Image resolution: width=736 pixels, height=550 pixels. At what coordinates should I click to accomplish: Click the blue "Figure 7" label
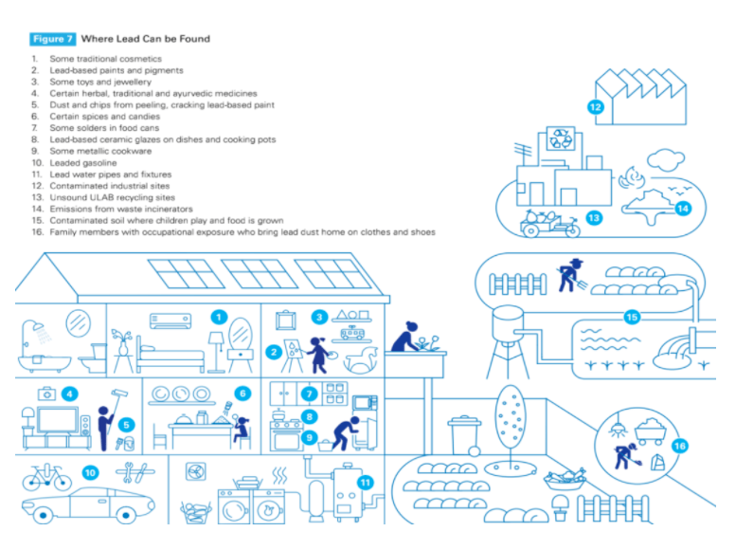coord(53,39)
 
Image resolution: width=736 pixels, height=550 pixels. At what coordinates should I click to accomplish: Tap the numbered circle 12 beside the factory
coord(595,107)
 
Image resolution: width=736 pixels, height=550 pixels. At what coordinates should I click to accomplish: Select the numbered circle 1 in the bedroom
coord(219,318)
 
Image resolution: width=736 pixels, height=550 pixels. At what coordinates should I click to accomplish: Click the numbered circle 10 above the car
coord(90,473)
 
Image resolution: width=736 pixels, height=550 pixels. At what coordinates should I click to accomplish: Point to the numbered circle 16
coord(680,446)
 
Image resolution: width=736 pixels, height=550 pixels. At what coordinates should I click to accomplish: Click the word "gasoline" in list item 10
coord(98,163)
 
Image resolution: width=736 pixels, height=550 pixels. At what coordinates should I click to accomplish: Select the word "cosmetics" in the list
coord(139,59)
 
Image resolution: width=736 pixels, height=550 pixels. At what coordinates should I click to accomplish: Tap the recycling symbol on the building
coord(561,138)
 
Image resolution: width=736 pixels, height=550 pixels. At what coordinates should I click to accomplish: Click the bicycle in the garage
coord(47,477)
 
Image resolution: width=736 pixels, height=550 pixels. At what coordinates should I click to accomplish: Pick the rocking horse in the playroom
coord(361,359)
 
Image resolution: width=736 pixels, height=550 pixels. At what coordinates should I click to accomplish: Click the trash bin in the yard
coord(464,435)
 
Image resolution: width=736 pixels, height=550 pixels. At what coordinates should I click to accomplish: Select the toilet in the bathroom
coord(93,358)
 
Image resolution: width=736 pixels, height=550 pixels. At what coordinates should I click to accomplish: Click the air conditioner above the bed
coord(171,321)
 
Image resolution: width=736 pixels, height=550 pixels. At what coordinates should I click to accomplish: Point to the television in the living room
coord(58,420)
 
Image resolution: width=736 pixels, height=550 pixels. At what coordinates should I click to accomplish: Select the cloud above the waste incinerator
coord(666,160)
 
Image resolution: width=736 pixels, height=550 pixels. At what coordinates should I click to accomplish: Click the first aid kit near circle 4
coord(47,394)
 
